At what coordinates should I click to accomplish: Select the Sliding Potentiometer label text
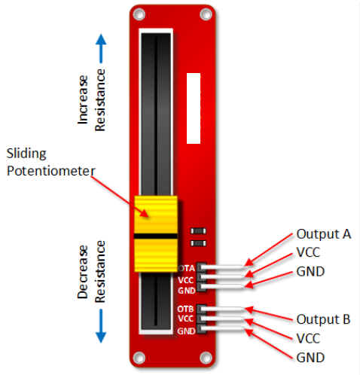(50, 163)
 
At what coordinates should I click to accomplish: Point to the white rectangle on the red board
(193, 108)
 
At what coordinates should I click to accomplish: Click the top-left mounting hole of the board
(138, 14)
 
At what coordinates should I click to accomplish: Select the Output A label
(323, 233)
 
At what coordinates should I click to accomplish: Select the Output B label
(323, 319)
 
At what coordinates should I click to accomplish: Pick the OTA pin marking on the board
(188, 268)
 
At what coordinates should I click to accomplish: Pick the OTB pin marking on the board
(188, 309)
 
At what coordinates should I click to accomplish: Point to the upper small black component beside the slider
(199, 231)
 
